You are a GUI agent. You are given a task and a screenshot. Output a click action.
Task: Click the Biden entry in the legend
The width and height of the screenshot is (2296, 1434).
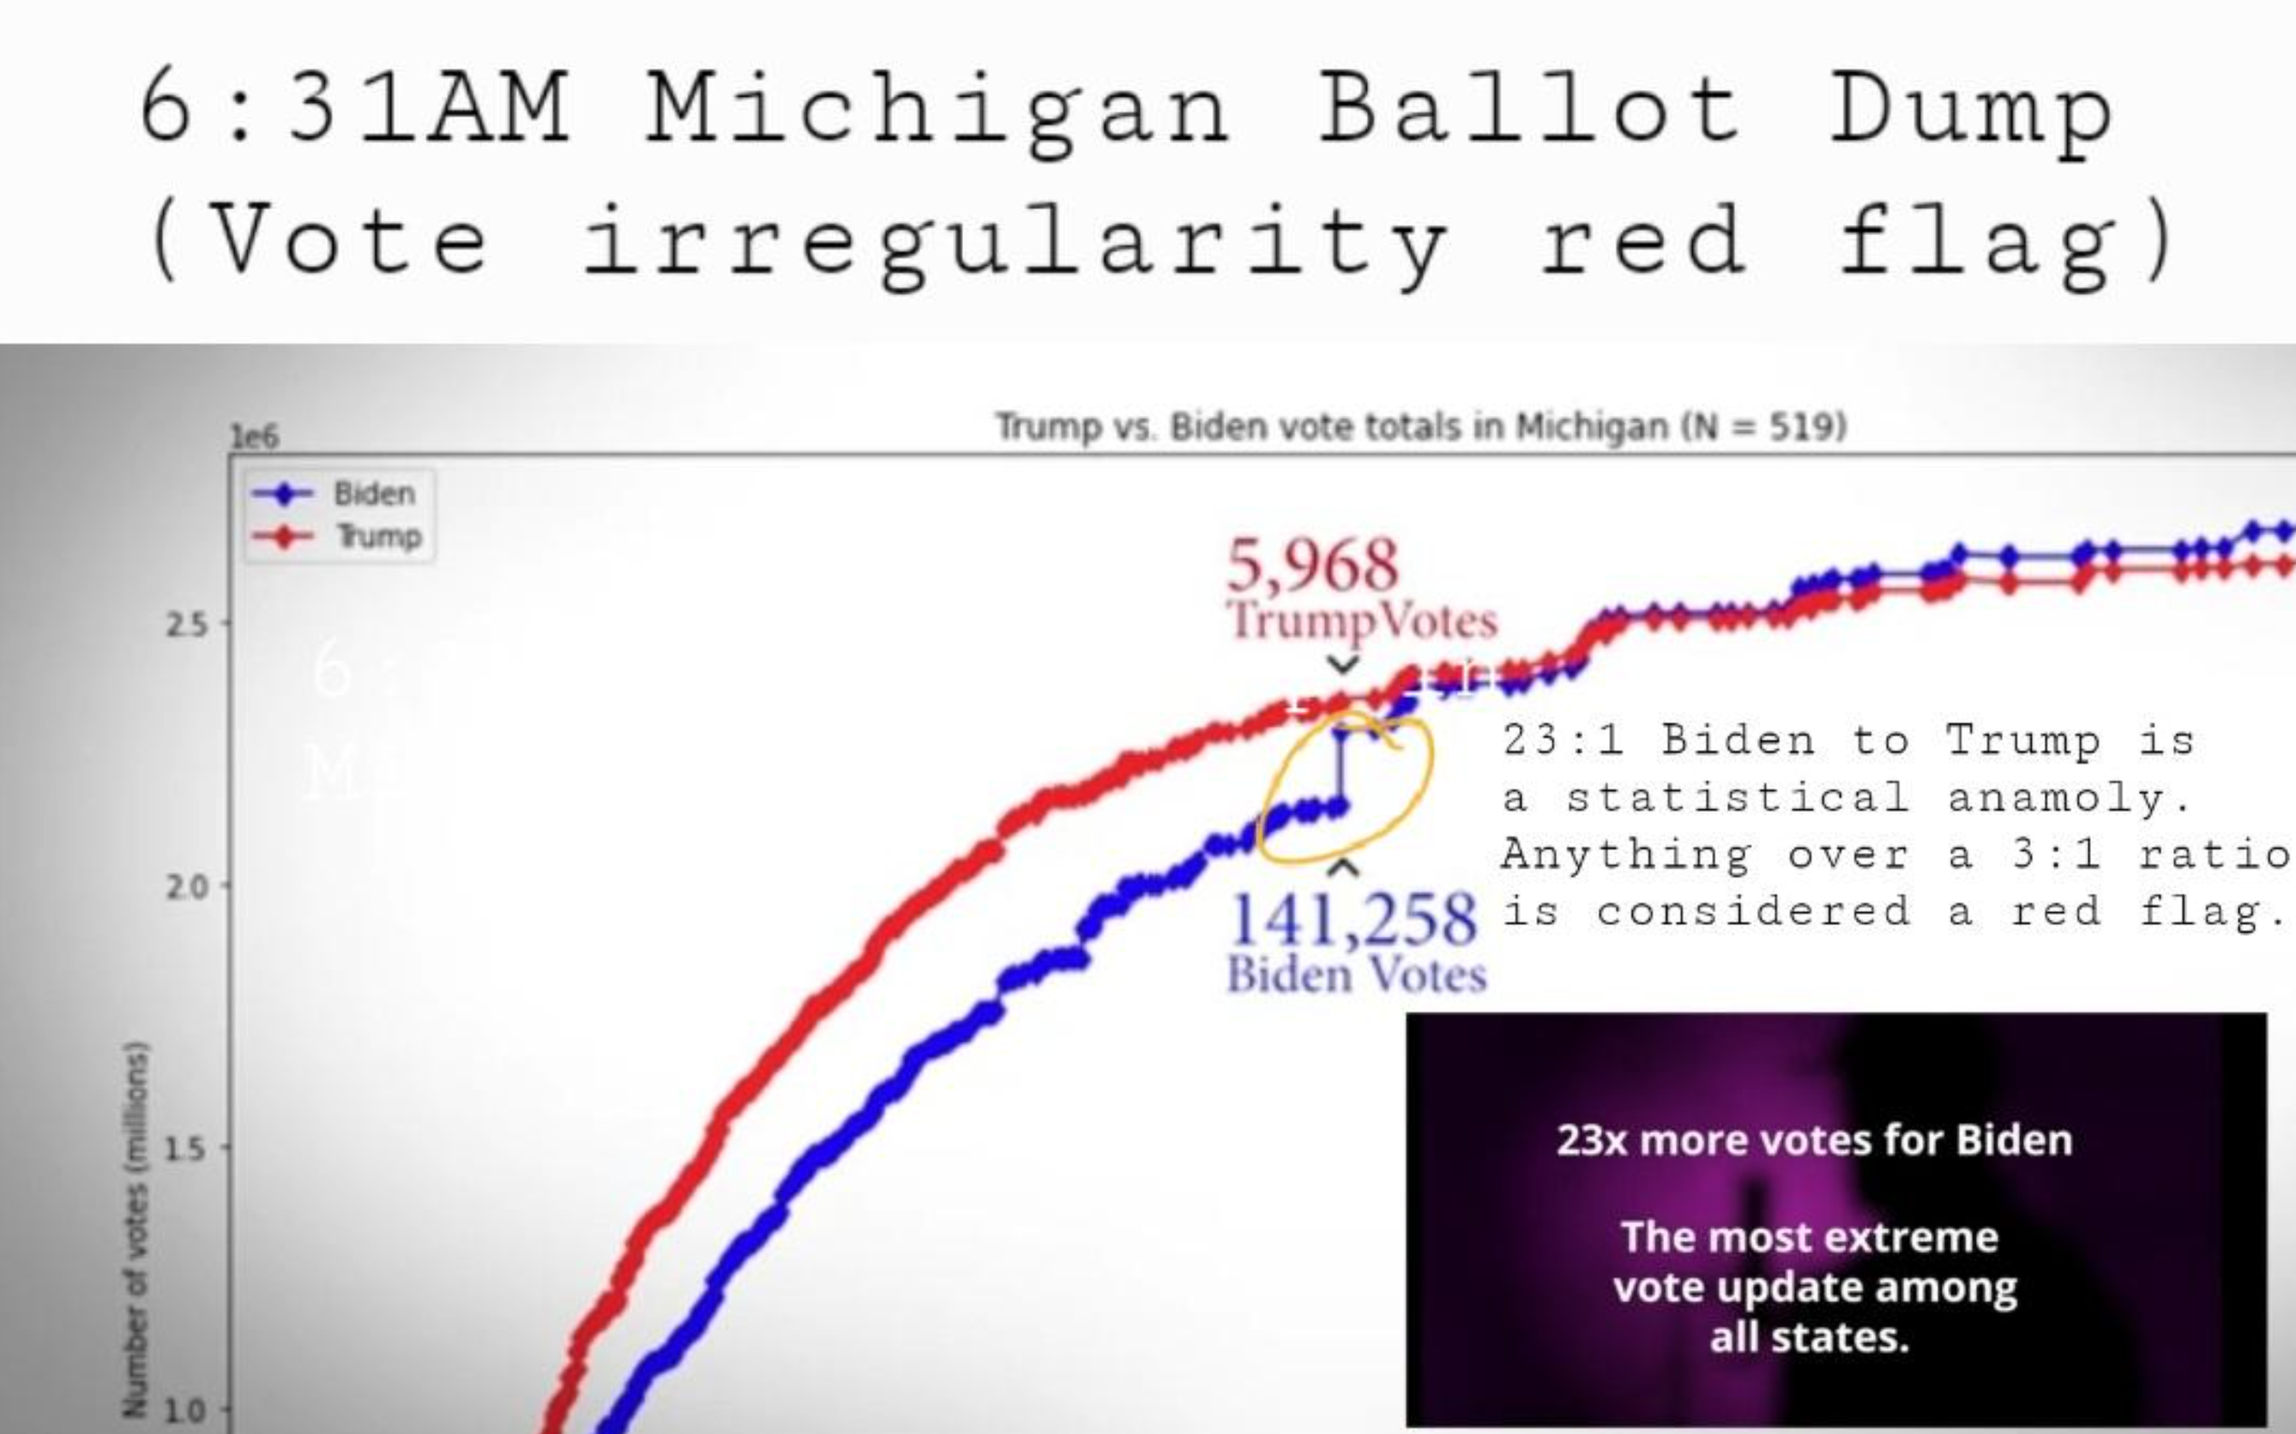[374, 493]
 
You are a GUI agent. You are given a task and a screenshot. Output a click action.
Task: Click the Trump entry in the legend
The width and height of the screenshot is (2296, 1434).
[378, 536]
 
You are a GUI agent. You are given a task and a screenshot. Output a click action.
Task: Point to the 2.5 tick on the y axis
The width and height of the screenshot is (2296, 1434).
[186, 625]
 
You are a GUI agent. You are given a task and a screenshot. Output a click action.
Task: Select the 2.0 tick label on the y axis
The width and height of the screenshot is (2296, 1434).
[186, 888]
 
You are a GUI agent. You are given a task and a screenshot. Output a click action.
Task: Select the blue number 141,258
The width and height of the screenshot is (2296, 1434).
[1353, 919]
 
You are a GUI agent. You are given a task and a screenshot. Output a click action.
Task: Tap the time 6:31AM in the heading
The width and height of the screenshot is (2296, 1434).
[354, 108]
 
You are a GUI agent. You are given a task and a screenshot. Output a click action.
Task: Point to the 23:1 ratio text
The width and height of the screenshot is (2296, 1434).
[1563, 740]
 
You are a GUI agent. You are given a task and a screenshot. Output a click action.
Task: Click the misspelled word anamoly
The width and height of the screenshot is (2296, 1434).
[2069, 798]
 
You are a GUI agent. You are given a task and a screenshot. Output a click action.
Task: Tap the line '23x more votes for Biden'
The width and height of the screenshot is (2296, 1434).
[1814, 1140]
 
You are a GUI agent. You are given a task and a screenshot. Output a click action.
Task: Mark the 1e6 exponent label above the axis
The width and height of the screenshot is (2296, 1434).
[254, 437]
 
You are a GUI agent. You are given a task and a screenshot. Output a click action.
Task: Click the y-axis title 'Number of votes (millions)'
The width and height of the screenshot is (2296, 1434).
[136, 1229]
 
